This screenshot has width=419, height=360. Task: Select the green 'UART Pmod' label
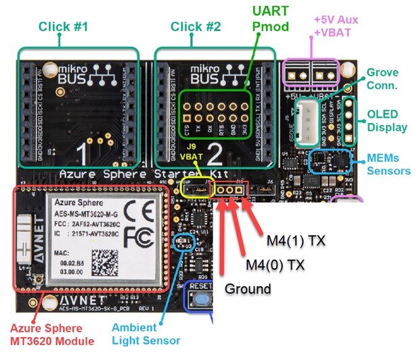[271, 20]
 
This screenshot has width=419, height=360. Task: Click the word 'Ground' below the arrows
[248, 289]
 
